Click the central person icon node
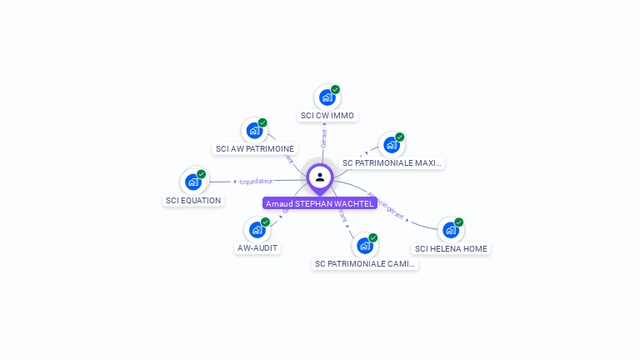pyautogui.click(x=320, y=177)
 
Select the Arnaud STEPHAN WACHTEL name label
pyautogui.click(x=320, y=203)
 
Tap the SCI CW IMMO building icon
pyautogui.click(x=327, y=97)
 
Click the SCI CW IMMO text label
pyautogui.click(x=327, y=116)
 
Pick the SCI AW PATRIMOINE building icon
pyautogui.click(x=254, y=131)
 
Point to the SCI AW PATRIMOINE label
pyautogui.click(x=255, y=149)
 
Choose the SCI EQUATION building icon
pyautogui.click(x=193, y=182)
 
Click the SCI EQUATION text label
pyautogui.click(x=193, y=201)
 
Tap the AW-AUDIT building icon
pyautogui.click(x=257, y=229)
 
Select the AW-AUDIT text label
pyautogui.click(x=257, y=247)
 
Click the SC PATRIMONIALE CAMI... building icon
pyautogui.click(x=364, y=246)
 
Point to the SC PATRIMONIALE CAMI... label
pyautogui.click(x=365, y=264)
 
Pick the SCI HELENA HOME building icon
pyautogui.click(x=451, y=230)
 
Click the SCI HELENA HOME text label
pyautogui.click(x=452, y=248)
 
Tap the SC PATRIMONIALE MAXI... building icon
pyautogui.click(x=391, y=145)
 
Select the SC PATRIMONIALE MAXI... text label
pyautogui.click(x=392, y=163)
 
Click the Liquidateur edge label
pyautogui.click(x=257, y=181)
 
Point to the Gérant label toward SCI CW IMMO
pyautogui.click(x=323, y=137)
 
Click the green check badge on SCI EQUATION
pyautogui.click(x=202, y=173)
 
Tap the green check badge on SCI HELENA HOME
pyautogui.click(x=459, y=222)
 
